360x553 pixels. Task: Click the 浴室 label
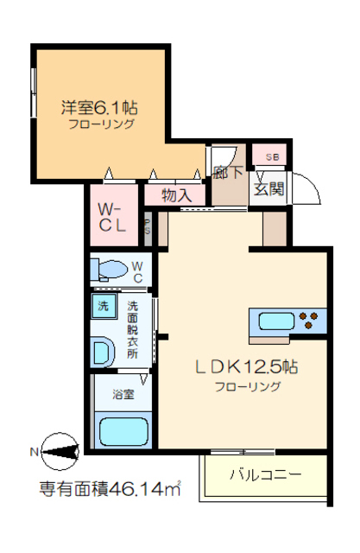(123, 395)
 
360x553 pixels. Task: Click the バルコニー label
(265, 474)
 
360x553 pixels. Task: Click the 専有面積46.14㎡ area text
(110, 491)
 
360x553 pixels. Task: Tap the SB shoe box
(272, 156)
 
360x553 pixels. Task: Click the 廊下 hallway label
(226, 172)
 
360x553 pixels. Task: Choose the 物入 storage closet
(176, 195)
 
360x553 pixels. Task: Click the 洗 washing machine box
(103, 306)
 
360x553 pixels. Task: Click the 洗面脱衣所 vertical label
(133, 329)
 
